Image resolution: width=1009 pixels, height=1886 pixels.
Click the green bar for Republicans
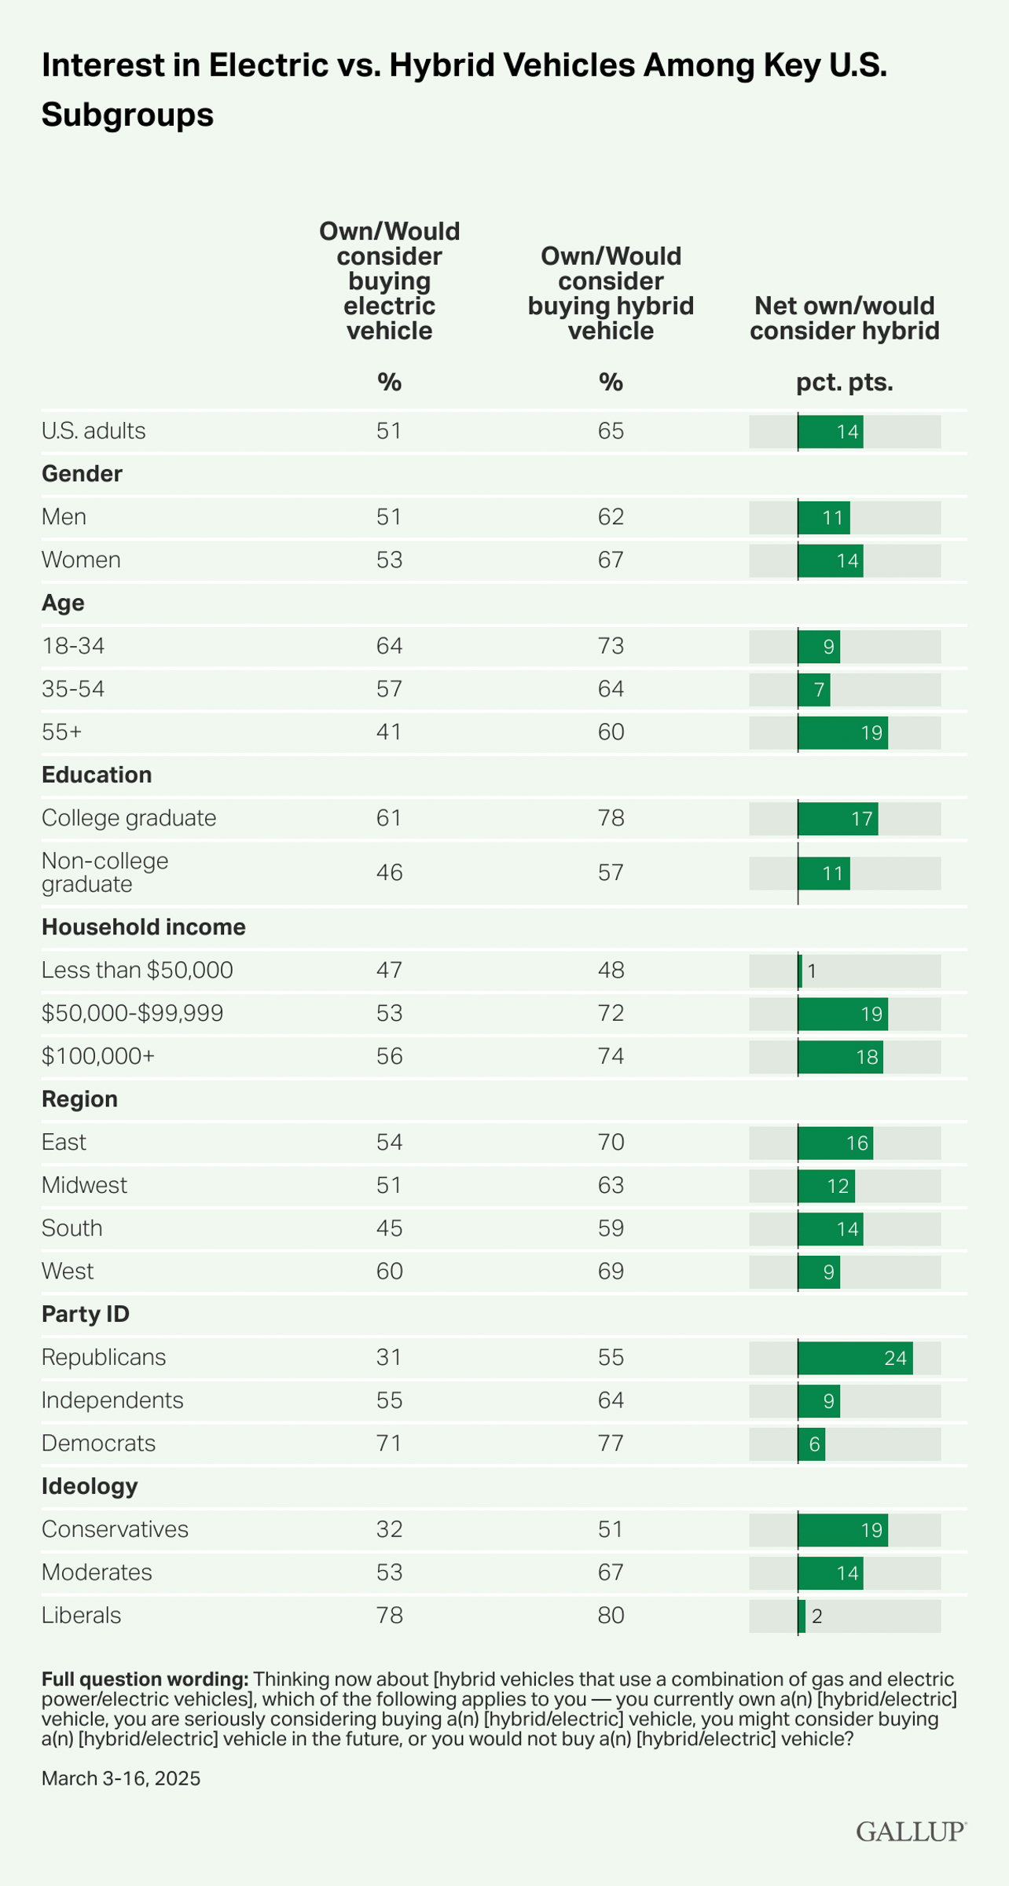coord(855,1358)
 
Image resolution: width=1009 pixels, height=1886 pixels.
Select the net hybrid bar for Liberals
coord(802,1616)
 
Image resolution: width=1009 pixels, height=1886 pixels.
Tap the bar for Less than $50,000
coord(800,971)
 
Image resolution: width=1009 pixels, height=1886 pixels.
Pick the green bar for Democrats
coord(812,1444)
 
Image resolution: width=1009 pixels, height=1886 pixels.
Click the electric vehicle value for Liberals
coord(389,1615)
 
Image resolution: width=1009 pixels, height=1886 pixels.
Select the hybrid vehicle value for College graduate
coord(611,818)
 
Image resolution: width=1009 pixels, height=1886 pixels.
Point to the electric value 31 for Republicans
coord(389,1357)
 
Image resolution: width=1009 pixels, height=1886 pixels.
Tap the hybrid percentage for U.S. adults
coord(611,431)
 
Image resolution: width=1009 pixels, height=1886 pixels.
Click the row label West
coord(68,1271)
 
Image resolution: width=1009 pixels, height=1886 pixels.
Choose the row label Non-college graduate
coord(105,872)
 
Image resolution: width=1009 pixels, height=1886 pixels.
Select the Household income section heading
coord(144,927)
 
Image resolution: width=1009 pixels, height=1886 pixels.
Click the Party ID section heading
coord(86,1314)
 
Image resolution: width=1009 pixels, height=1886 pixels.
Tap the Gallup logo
coord(911,1831)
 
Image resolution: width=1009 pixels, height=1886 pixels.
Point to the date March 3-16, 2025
coord(121,1778)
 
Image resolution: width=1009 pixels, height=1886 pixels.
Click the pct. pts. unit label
coord(845,383)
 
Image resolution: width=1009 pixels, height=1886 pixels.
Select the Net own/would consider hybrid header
coord(845,318)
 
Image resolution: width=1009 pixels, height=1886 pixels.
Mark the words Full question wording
coord(145,1679)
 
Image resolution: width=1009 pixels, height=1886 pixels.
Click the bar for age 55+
coord(842,733)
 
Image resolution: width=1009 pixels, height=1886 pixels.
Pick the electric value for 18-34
coord(389,646)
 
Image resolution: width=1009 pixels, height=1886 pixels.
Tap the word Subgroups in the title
coord(127,116)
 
